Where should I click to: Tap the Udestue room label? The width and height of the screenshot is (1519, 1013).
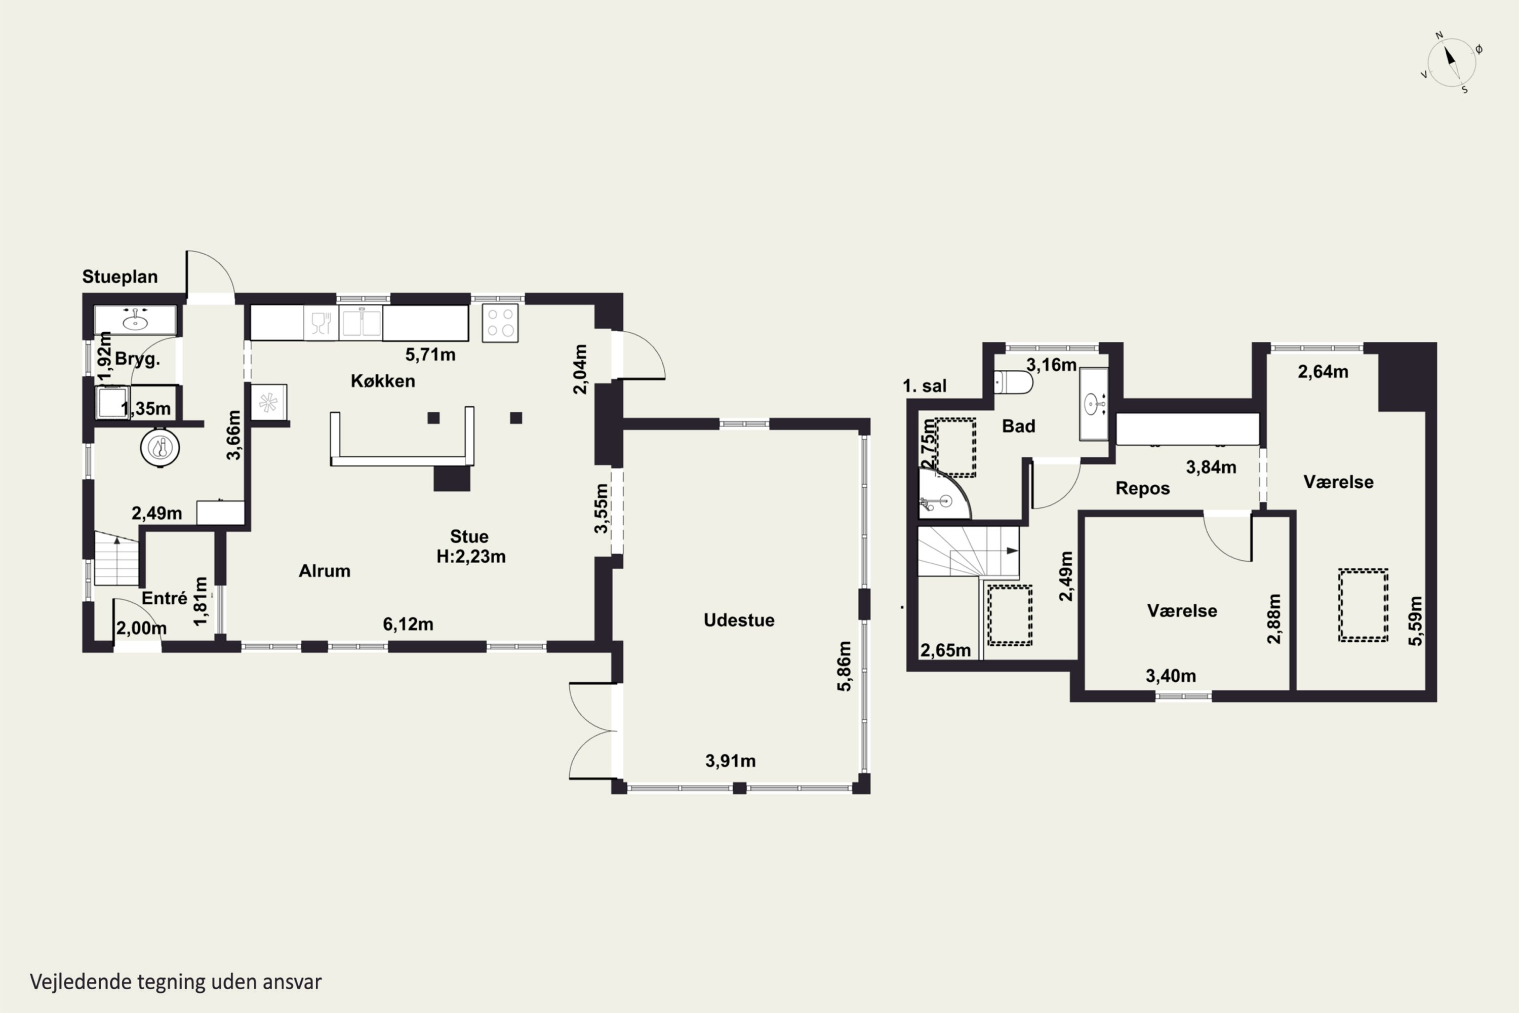(x=739, y=620)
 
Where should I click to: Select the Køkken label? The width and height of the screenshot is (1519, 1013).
(x=383, y=381)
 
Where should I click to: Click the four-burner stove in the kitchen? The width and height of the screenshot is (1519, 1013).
(x=500, y=322)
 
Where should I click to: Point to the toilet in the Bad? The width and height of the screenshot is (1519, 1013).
(x=1013, y=382)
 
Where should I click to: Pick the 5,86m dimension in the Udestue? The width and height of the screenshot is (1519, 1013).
(x=844, y=666)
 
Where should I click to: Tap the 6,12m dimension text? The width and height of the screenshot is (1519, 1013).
(x=408, y=624)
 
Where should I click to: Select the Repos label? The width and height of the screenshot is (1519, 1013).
(x=1142, y=488)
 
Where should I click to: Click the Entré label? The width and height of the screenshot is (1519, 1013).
(x=165, y=598)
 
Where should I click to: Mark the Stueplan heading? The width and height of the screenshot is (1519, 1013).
(x=120, y=277)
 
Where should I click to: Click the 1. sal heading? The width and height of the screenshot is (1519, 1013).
(x=925, y=386)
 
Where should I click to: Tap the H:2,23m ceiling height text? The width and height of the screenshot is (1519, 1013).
(x=471, y=556)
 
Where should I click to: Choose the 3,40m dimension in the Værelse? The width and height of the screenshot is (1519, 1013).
(x=1171, y=676)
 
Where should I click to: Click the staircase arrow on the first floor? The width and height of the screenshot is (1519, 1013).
(x=1011, y=551)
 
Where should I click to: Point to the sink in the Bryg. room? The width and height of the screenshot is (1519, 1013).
(x=135, y=319)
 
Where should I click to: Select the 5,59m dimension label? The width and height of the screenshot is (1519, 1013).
(x=1415, y=621)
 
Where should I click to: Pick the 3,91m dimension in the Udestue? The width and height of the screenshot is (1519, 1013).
(x=731, y=761)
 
